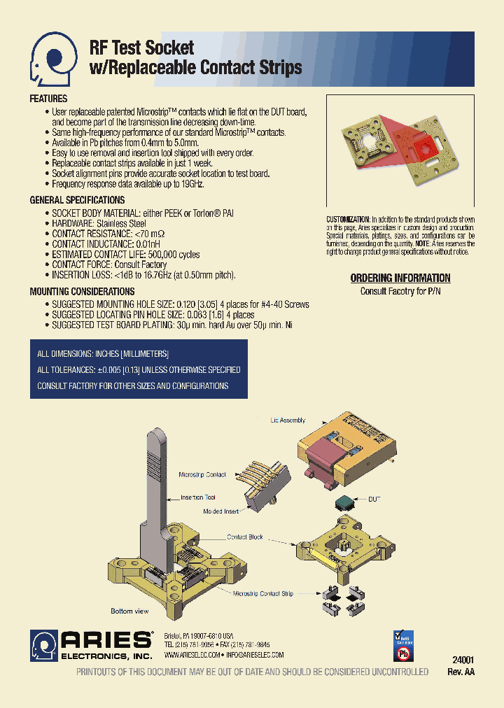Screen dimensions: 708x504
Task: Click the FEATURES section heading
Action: (48, 99)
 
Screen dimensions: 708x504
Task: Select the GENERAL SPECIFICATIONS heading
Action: (77, 200)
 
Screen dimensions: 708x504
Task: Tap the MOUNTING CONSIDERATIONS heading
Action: (82, 291)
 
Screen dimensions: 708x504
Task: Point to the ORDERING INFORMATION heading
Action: (400, 278)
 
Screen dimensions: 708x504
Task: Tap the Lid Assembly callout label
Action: (288, 420)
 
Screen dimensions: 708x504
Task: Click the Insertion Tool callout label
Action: (198, 497)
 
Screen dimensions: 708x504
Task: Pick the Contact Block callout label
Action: (245, 537)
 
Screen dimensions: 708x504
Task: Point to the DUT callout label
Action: (374, 499)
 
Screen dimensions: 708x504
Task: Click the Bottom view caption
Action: (129, 611)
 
